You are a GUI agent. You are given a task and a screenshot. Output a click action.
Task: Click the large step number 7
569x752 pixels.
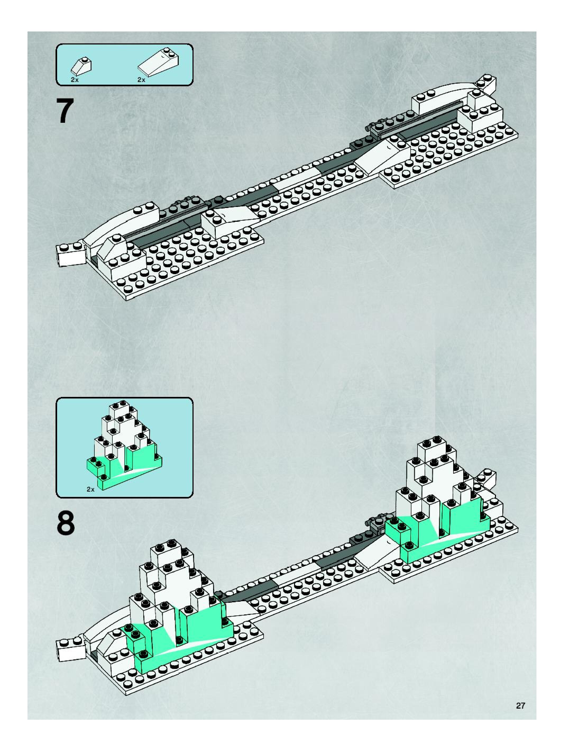pos(65,111)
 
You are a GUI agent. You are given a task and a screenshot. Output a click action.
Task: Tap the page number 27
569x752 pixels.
pos(520,705)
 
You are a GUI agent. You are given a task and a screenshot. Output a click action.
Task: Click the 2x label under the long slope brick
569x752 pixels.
pos(141,80)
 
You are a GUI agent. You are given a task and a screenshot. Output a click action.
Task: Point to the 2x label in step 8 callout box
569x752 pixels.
pos(90,489)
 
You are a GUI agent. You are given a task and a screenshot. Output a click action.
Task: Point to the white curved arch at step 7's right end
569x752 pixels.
pos(445,91)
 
